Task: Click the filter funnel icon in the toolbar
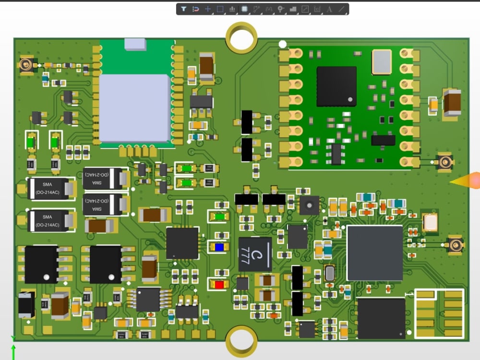[x=183, y=9]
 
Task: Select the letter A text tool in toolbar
[x=329, y=9]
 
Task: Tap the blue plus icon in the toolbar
[x=208, y=9]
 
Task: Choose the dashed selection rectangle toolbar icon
[x=220, y=9]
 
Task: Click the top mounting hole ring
[x=241, y=37]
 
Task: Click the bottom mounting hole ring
[x=241, y=340]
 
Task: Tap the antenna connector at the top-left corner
[x=26, y=64]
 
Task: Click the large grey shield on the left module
[x=134, y=108]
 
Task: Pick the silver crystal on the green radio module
[x=382, y=62]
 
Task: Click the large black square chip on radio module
[x=336, y=86]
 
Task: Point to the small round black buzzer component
[x=309, y=205]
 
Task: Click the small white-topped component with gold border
[x=430, y=222]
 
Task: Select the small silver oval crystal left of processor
[x=329, y=273]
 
